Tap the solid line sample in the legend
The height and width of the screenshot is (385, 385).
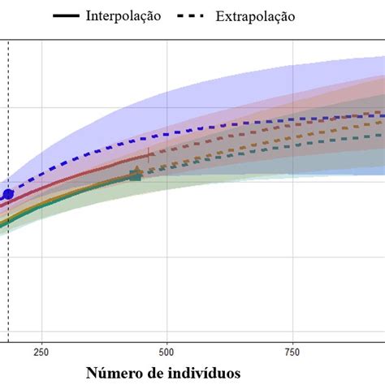65,16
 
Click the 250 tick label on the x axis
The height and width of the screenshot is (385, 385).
41,352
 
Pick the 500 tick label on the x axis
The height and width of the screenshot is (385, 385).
167,352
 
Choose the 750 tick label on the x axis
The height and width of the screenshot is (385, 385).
292,352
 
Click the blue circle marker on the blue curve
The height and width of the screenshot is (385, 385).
8,194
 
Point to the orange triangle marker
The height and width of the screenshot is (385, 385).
136,171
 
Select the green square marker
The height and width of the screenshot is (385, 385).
136,176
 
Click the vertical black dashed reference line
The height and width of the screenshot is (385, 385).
8,276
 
